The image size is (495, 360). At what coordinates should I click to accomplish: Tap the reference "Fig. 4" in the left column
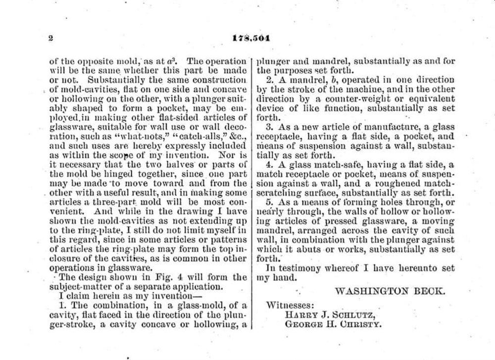[x=166, y=277]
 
